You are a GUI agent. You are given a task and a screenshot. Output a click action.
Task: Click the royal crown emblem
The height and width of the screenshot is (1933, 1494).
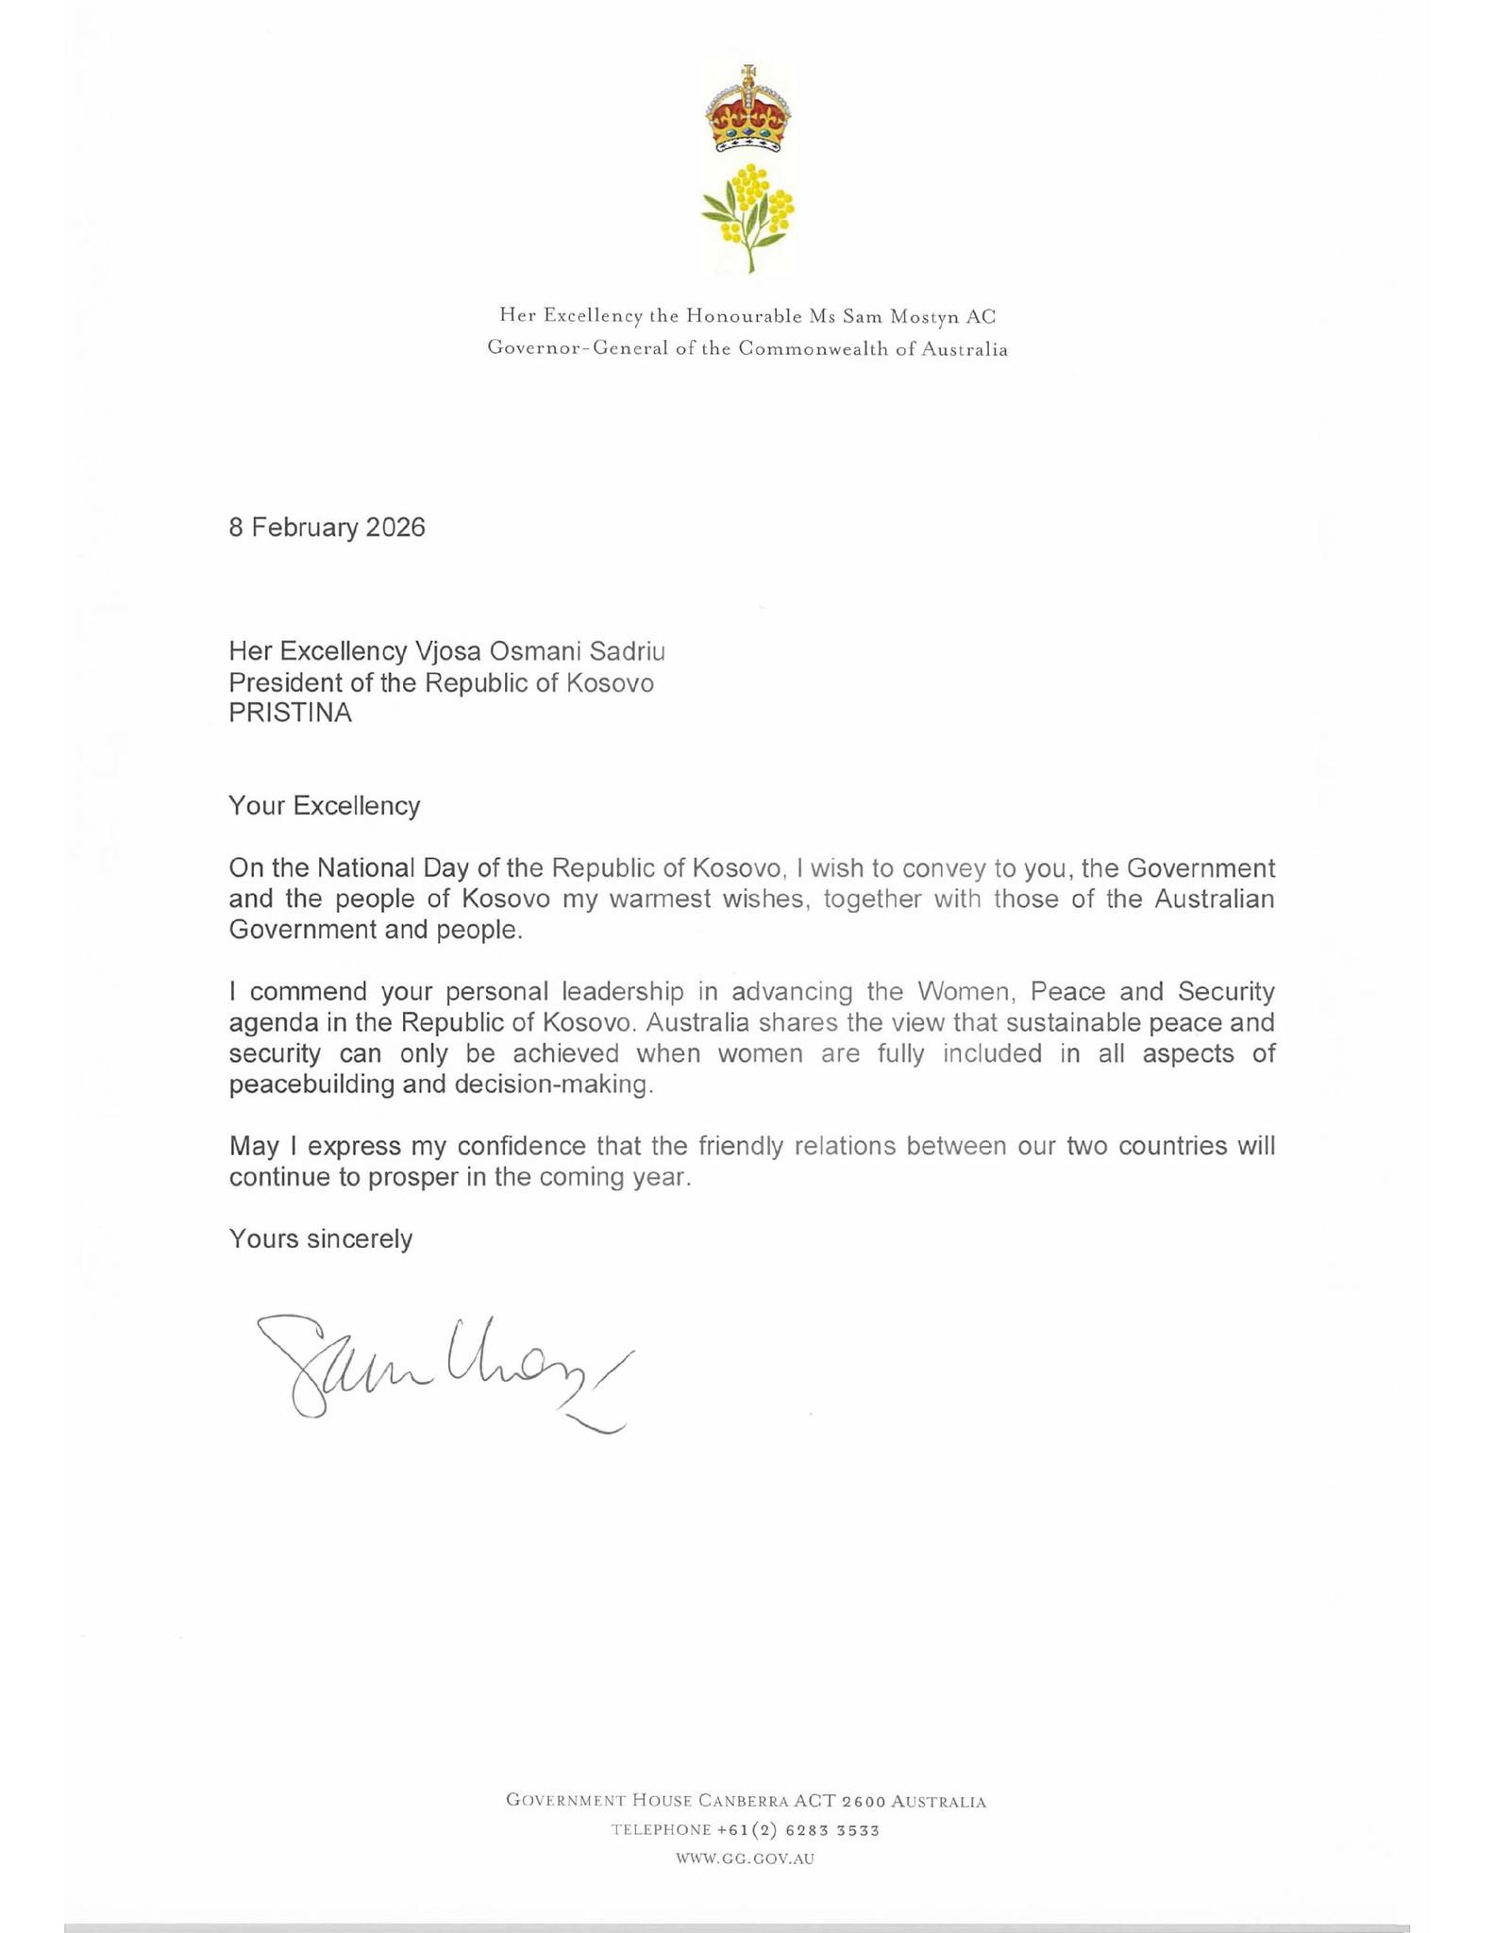point(747,109)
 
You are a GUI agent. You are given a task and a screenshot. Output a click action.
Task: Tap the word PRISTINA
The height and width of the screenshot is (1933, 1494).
point(290,713)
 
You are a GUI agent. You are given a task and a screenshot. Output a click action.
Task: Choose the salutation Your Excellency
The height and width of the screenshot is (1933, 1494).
point(324,806)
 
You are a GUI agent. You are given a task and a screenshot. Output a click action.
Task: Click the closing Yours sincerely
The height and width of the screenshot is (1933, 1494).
point(320,1239)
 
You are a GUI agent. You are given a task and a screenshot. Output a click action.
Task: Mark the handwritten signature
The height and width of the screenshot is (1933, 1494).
point(444,1369)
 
